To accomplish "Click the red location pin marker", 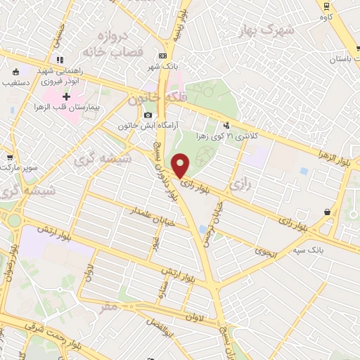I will (181, 165).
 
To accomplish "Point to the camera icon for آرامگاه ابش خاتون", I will (148, 115).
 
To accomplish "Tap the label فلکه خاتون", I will (155, 99).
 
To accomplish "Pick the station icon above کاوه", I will (327, 6).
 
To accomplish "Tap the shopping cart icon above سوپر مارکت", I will (9, 158).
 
